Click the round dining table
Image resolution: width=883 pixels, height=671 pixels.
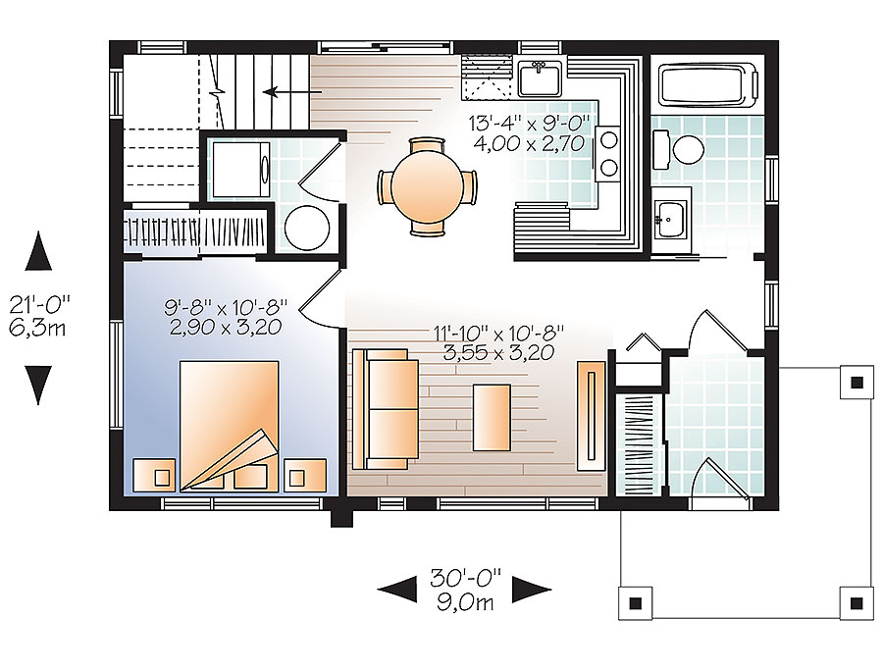(x=427, y=186)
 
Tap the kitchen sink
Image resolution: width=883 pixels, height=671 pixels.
(x=539, y=77)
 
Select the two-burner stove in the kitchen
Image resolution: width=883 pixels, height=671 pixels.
(x=608, y=153)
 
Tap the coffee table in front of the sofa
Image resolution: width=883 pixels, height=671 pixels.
(x=492, y=417)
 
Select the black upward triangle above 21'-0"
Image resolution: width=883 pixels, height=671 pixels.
(x=38, y=252)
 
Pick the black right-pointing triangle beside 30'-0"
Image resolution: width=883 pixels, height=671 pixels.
(x=532, y=589)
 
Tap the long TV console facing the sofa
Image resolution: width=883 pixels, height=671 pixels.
(x=590, y=416)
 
